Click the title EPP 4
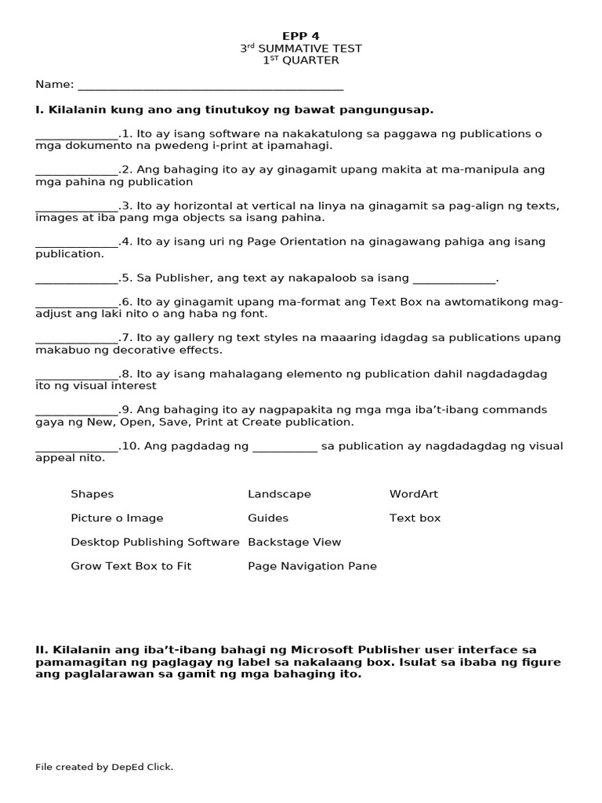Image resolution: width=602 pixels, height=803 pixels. [x=301, y=36]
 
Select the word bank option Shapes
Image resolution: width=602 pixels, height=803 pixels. [x=92, y=494]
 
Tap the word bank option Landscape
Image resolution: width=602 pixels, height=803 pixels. [x=279, y=494]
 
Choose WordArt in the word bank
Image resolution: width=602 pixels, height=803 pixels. [x=413, y=494]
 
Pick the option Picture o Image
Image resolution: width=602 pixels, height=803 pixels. [x=117, y=518]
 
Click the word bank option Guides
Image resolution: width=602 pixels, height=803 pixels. [x=268, y=518]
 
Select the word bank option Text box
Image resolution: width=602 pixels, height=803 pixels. [x=415, y=518]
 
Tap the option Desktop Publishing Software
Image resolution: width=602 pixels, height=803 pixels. [x=154, y=542]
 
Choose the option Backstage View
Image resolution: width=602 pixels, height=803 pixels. [x=294, y=542]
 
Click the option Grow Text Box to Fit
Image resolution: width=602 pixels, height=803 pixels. [x=131, y=566]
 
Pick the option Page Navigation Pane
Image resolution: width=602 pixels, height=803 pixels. [x=312, y=566]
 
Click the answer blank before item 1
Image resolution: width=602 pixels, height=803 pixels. [x=76, y=135]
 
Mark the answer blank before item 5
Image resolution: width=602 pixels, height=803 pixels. [x=76, y=279]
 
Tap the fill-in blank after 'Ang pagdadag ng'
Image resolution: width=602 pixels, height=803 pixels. [x=285, y=448]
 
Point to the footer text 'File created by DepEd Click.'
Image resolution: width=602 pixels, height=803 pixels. [x=104, y=767]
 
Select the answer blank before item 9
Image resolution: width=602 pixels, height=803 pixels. [x=76, y=411]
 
